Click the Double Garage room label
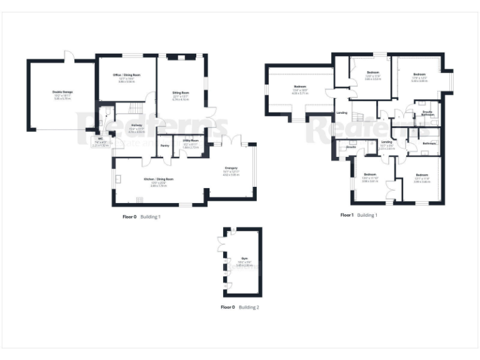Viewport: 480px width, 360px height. point(62,92)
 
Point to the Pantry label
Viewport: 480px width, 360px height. point(164,146)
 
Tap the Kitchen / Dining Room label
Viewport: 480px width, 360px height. point(158,179)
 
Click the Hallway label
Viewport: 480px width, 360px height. point(136,125)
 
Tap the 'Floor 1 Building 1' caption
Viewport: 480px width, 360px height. point(359,215)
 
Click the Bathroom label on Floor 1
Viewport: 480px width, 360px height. point(428,144)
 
